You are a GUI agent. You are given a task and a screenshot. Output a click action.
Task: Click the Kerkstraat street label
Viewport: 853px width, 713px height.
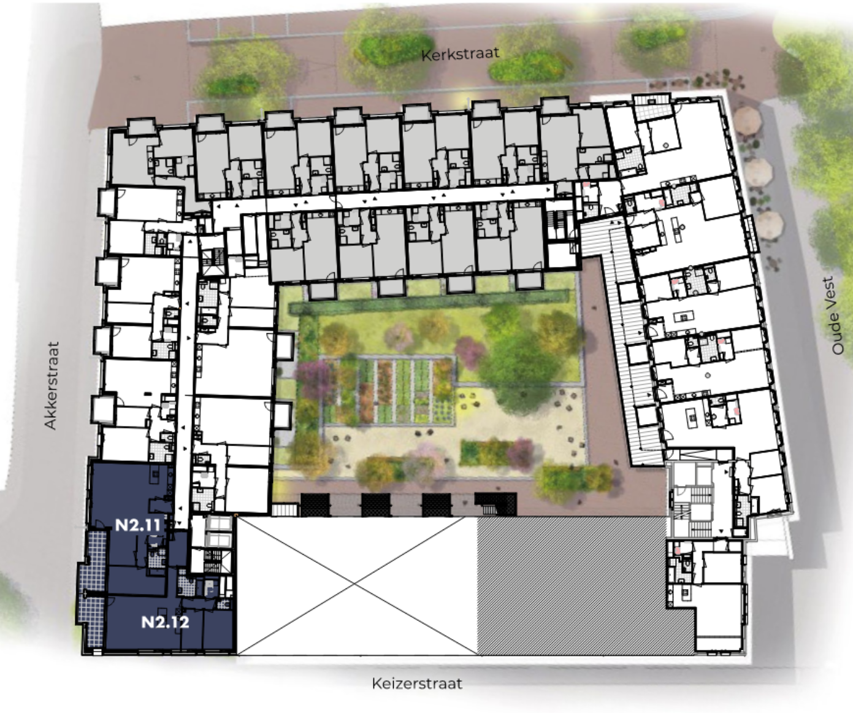(x=460, y=55)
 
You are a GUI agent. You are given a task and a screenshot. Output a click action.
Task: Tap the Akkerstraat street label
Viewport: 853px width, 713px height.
(x=52, y=385)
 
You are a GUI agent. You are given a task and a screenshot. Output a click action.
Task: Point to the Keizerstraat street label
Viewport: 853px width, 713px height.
(x=417, y=683)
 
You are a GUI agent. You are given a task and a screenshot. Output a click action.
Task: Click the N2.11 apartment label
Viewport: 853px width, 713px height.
(x=138, y=525)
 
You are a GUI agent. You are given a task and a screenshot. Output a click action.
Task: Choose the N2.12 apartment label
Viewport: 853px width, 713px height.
(x=165, y=622)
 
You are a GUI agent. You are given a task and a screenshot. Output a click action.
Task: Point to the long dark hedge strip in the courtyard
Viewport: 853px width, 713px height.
(x=429, y=301)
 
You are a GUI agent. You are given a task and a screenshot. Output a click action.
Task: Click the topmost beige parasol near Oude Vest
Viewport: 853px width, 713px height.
(x=748, y=121)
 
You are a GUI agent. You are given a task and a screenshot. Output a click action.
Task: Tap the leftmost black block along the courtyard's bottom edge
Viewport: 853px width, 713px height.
(x=315, y=504)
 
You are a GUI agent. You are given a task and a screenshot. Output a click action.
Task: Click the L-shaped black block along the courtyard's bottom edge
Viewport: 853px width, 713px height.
(x=495, y=504)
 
